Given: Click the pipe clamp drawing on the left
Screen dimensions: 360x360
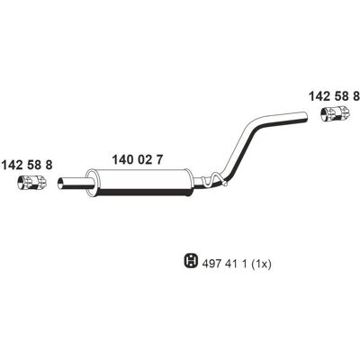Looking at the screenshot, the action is [x=31, y=183].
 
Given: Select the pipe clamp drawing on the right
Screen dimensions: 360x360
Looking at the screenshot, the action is [x=335, y=113].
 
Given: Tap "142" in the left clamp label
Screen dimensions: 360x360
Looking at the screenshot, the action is [x=12, y=165].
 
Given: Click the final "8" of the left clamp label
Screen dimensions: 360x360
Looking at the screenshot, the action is [x=48, y=165].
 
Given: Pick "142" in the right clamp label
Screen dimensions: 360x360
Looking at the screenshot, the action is [x=319, y=96].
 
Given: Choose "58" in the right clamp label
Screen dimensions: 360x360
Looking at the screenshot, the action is [x=340, y=96].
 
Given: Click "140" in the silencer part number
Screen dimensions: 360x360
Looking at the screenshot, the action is [x=122, y=159].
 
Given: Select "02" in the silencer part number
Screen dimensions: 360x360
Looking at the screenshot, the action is [x=144, y=159].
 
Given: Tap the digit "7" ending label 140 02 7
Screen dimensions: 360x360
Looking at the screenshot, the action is [x=159, y=159].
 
